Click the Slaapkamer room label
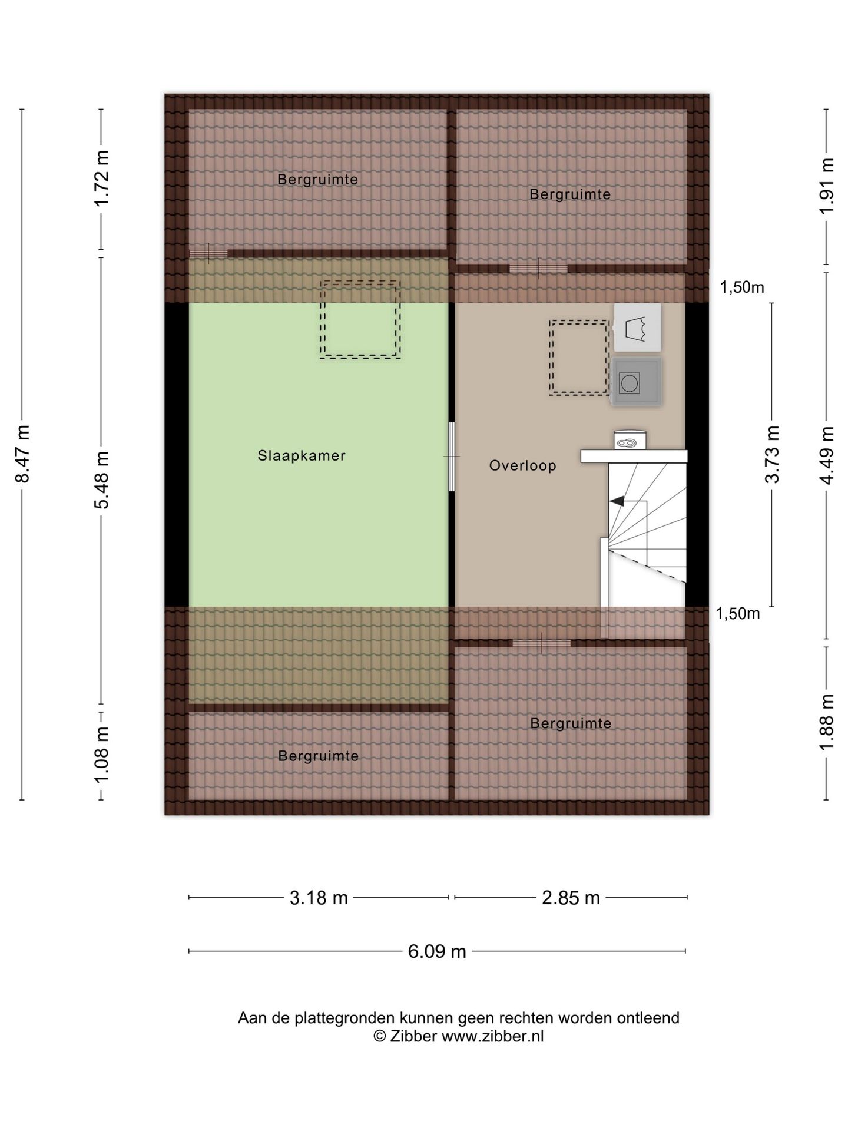tap(301, 455)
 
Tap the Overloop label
tap(522, 466)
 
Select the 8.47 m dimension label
tap(22, 454)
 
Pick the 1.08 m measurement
tap(102, 756)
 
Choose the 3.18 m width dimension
tap(319, 898)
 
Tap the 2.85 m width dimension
tap(571, 898)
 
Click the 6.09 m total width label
tap(437, 951)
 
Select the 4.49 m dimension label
tap(827, 455)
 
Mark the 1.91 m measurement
tap(827, 187)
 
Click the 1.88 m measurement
tap(827, 723)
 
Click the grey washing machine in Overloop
tap(636, 382)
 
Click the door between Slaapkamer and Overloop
tap(452, 457)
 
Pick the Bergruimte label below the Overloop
tap(571, 723)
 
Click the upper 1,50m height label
tap(742, 287)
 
